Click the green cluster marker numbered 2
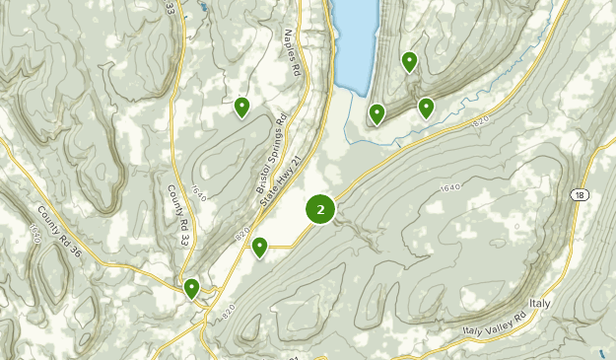pyautogui.click(x=320, y=209)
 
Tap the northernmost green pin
pyautogui.click(x=409, y=62)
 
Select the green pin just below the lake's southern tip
pyautogui.click(x=376, y=114)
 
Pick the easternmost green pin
pyautogui.click(x=426, y=107)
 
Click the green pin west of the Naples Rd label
pyautogui.click(x=241, y=107)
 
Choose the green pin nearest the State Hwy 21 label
pyautogui.click(x=259, y=247)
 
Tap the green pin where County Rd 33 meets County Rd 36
pyautogui.click(x=192, y=288)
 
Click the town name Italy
pyautogui.click(x=540, y=302)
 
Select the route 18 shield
pyautogui.click(x=580, y=195)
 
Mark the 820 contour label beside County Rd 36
pyautogui.click(x=34, y=233)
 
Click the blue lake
pyautogui.click(x=357, y=39)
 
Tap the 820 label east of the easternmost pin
pyautogui.click(x=480, y=120)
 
